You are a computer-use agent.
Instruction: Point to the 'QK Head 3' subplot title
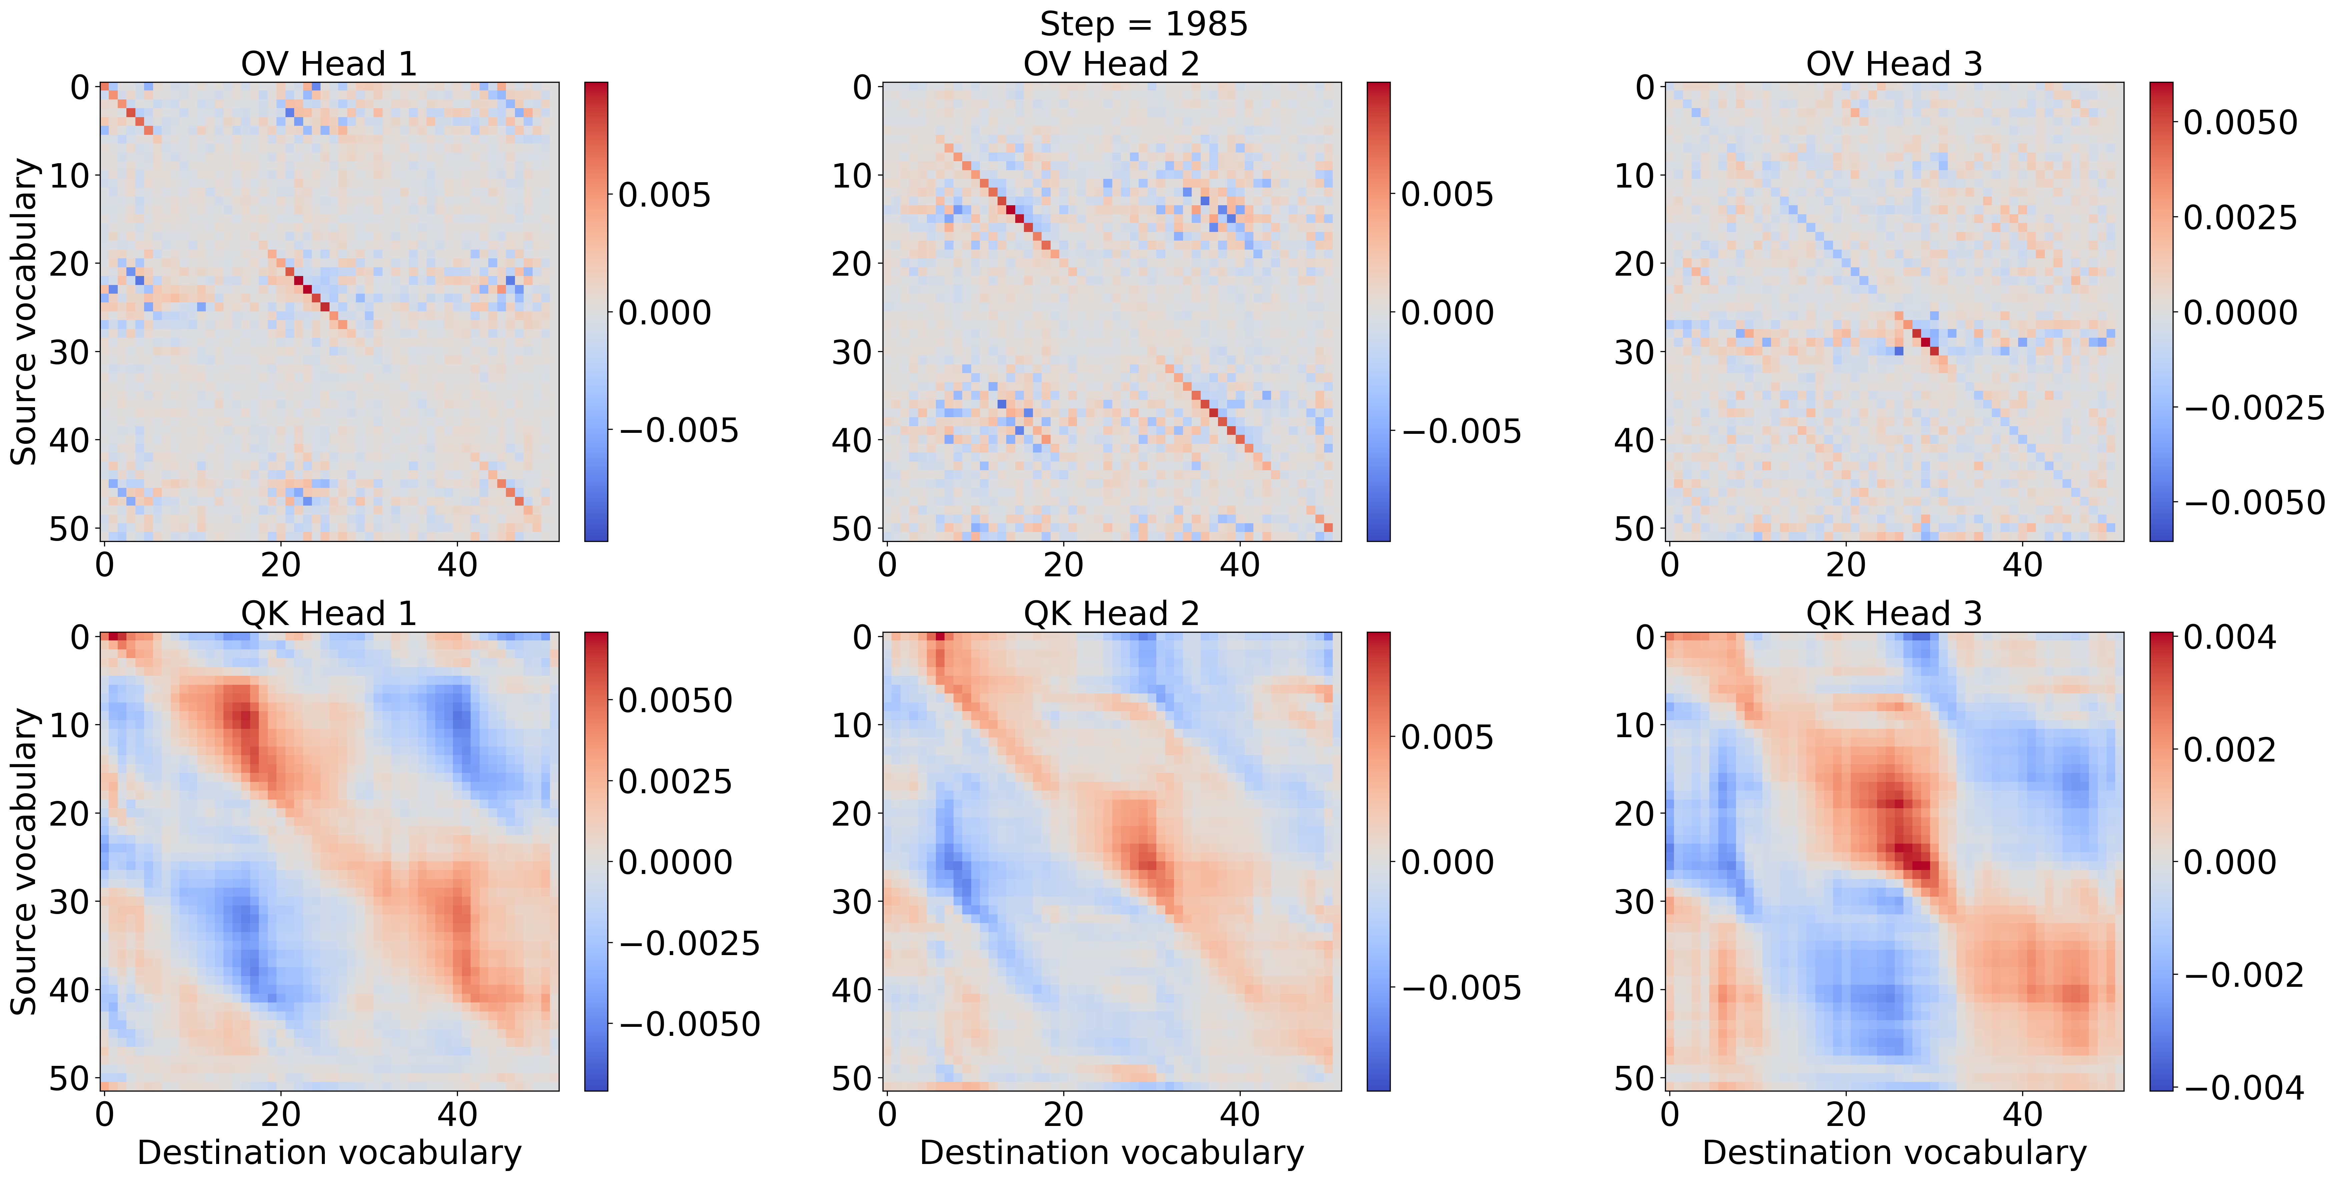point(1893,614)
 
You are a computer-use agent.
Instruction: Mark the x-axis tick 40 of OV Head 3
point(2022,565)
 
